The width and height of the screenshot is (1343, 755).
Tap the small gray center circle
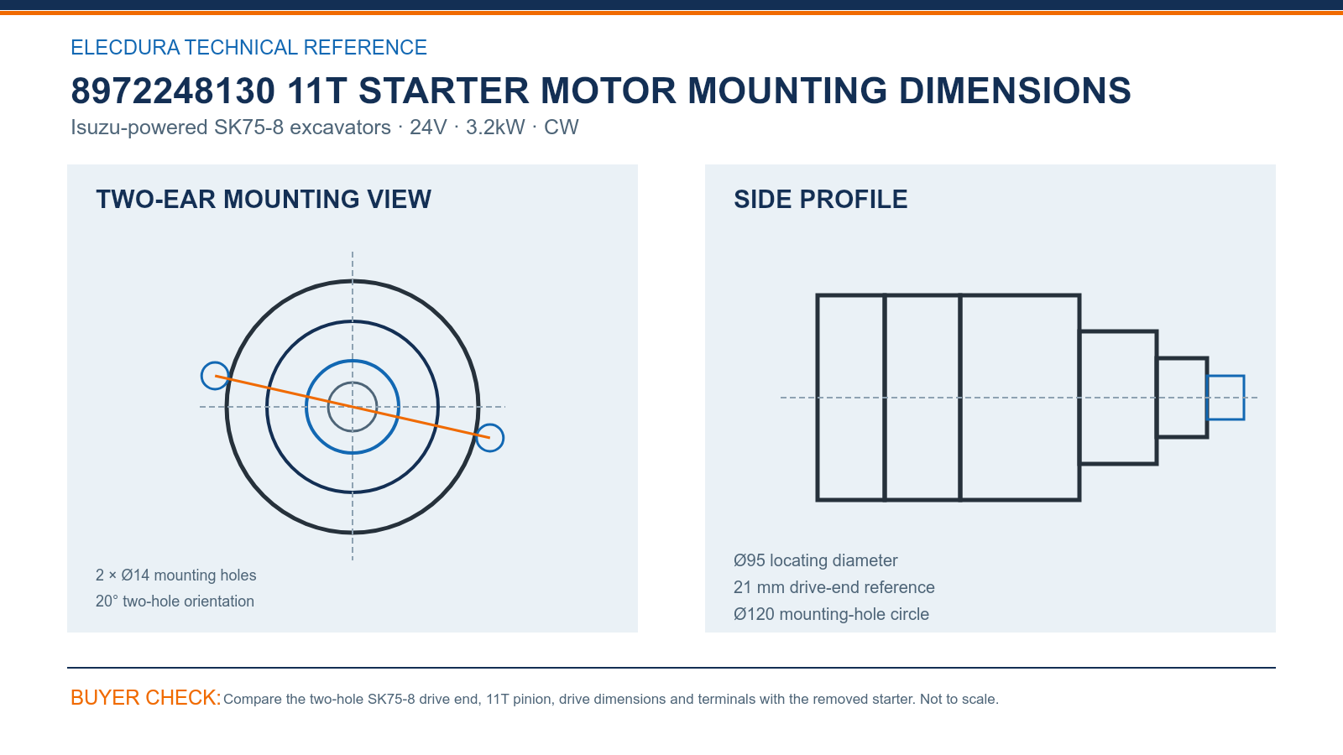click(x=353, y=383)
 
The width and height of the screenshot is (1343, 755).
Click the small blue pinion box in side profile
click(x=1225, y=377)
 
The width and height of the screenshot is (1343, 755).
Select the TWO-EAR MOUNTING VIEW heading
click(x=264, y=200)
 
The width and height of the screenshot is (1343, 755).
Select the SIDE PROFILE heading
click(x=820, y=200)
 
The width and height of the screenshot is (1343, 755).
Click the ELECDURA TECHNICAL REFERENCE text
click(x=248, y=47)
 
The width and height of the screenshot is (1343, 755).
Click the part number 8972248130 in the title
click(x=173, y=91)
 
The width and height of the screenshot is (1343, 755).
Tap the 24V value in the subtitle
click(x=428, y=127)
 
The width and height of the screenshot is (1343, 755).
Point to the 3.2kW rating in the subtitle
click(x=495, y=127)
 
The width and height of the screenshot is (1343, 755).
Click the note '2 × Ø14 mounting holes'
click(x=175, y=575)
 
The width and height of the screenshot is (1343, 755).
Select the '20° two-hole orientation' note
click(x=175, y=601)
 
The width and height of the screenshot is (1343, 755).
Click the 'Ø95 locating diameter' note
click(x=815, y=560)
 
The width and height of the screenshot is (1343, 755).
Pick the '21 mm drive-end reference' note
click(x=834, y=587)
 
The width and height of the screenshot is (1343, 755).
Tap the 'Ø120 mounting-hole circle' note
click(x=831, y=614)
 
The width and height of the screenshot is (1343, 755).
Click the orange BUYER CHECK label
click(x=146, y=697)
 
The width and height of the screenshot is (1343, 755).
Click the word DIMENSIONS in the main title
click(x=1015, y=91)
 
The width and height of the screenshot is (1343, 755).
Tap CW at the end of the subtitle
click(x=562, y=127)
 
